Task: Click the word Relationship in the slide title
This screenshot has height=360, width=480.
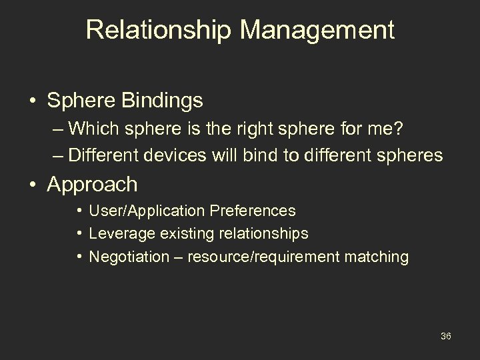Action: [x=155, y=30]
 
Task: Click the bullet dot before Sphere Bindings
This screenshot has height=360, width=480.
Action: [x=33, y=101]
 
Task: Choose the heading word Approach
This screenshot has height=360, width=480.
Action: [x=93, y=185]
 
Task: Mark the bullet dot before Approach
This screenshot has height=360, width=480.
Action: [x=33, y=185]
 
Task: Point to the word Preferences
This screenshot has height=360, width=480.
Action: [x=253, y=211]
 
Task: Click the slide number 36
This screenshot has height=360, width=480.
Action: [x=446, y=336]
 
